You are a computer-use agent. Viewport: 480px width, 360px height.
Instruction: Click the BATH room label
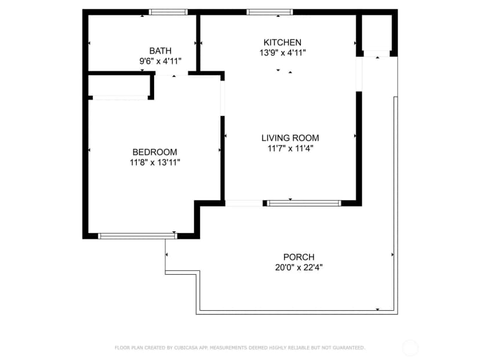160,51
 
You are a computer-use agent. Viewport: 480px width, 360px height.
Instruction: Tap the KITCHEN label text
282,42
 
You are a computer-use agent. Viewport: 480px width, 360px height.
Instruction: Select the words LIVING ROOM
290,138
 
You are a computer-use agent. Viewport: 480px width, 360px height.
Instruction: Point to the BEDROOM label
155,152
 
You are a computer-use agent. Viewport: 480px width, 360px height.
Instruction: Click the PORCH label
299,257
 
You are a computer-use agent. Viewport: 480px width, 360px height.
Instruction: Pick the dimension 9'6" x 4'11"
161,61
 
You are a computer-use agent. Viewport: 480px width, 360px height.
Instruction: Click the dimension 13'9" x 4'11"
282,53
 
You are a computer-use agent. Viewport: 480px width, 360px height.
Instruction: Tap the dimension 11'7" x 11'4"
290,148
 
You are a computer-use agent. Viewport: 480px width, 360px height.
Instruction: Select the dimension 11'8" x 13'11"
155,162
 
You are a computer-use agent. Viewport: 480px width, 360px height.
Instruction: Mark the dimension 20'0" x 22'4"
299,268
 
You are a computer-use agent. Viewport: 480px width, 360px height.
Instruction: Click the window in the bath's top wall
168,12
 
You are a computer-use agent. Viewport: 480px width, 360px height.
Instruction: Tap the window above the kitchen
270,12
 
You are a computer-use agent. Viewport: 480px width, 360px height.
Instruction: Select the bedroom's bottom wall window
137,236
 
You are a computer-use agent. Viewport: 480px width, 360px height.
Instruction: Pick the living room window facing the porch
304,203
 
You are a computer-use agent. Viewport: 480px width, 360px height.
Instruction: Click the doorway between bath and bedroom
172,73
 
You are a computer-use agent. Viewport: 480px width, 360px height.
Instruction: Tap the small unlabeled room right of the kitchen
377,33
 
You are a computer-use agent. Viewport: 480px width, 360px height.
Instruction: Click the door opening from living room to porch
244,203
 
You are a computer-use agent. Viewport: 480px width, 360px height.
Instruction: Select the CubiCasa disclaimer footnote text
240,348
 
